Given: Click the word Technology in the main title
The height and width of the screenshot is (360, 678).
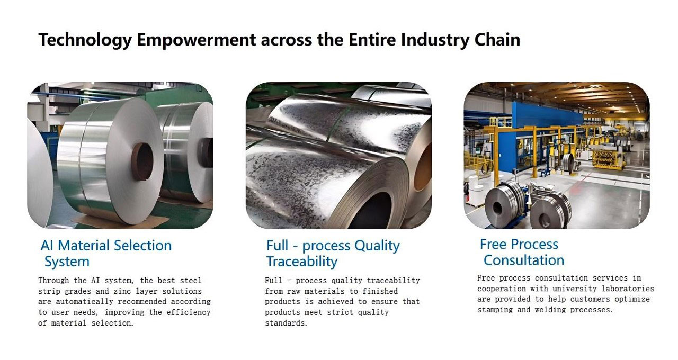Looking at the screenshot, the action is coord(85,40).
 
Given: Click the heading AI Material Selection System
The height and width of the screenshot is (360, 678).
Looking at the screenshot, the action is coord(106,253).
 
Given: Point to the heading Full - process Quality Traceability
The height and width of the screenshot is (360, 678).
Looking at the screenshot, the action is coord(333,253).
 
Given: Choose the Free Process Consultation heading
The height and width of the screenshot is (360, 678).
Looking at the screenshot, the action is coord(522,252).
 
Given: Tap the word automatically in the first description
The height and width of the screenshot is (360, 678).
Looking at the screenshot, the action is coord(84,302).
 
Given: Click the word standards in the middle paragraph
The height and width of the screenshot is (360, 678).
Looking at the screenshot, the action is coord(286,323).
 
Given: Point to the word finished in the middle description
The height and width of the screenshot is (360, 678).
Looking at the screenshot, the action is coord(380,291).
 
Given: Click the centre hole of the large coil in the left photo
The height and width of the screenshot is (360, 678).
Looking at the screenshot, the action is coord(141,161).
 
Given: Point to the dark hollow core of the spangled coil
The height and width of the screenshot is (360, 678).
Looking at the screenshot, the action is coord(372,212).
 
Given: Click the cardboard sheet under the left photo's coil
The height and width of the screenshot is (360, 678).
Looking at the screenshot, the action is coord(121,221).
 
